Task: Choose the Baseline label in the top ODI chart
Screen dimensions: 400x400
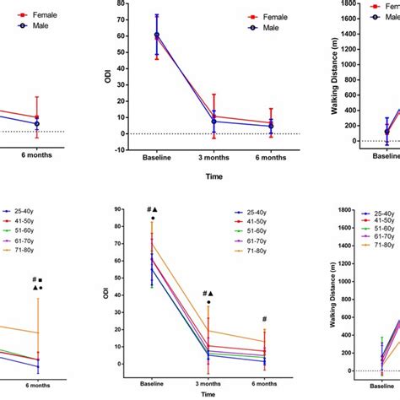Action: click(x=156, y=158)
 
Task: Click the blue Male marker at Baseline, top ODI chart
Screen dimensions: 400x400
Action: click(x=157, y=35)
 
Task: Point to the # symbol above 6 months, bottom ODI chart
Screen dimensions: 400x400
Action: click(x=265, y=320)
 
